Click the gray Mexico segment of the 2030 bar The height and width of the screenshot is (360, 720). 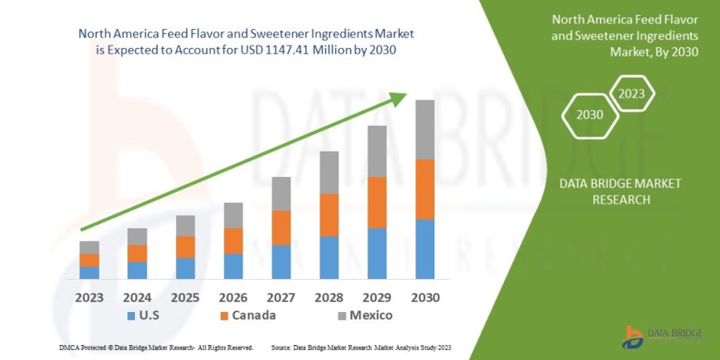425,130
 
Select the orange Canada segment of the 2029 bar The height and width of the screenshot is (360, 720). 377,202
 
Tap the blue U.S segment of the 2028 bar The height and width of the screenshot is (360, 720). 329,257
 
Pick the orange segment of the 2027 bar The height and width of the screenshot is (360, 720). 281,228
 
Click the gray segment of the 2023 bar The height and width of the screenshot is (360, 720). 89,247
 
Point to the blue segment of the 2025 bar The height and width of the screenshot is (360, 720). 185,268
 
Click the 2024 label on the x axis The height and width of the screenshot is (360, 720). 137,296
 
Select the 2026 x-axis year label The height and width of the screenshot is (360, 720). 233,296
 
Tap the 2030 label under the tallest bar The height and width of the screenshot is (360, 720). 425,296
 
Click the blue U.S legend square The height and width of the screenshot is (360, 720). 131,316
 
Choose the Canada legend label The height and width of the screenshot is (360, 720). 253,315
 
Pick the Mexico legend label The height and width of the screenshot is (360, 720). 370,315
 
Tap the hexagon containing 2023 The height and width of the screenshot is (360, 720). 631,94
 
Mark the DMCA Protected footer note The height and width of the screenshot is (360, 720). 156,348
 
